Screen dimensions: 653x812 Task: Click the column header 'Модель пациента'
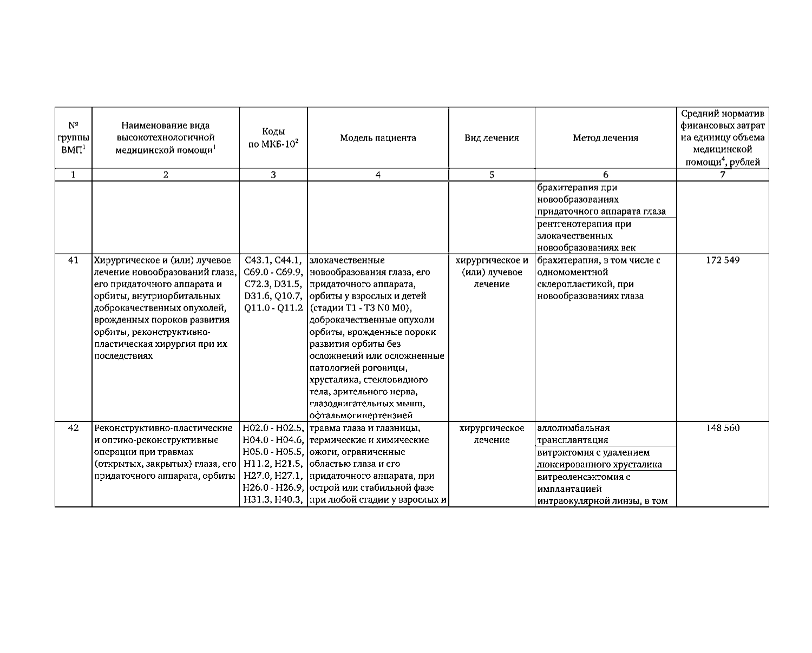(x=378, y=138)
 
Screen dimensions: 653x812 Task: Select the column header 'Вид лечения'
(x=492, y=138)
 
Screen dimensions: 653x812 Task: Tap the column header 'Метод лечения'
(x=605, y=138)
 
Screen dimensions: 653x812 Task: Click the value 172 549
(x=723, y=260)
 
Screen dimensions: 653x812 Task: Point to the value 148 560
(x=723, y=428)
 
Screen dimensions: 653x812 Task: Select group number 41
(x=74, y=260)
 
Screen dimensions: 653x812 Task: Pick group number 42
(x=74, y=428)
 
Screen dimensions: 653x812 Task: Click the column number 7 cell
(x=723, y=175)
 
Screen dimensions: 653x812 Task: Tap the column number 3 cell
(x=273, y=175)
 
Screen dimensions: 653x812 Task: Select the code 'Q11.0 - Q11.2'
(x=273, y=308)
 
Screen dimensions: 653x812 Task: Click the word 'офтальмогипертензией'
(x=361, y=415)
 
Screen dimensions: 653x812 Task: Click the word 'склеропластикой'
(x=570, y=284)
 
